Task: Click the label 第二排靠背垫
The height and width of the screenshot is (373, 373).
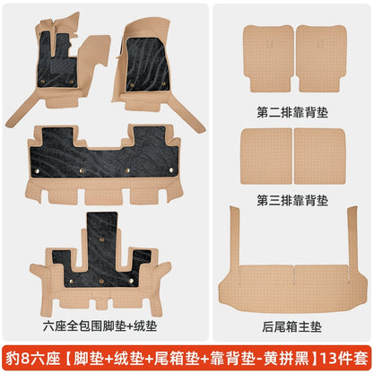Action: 292,113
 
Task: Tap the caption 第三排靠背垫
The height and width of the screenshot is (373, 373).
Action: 292,200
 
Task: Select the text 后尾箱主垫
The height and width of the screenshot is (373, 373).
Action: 291,326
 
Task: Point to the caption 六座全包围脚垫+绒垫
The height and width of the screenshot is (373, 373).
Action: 100,325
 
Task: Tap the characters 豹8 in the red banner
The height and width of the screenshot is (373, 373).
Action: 17,359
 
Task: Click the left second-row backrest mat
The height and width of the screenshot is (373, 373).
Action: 268,58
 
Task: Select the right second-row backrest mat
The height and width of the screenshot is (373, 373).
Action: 321,58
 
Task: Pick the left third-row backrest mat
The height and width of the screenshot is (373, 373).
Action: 266,156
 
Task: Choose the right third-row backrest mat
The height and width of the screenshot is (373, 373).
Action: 320,156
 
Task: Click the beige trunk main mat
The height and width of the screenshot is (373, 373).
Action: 293,284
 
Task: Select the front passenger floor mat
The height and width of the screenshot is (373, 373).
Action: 146,65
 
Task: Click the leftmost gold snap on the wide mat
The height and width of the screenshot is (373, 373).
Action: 37,171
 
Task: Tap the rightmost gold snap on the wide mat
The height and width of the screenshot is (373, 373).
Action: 171,170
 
